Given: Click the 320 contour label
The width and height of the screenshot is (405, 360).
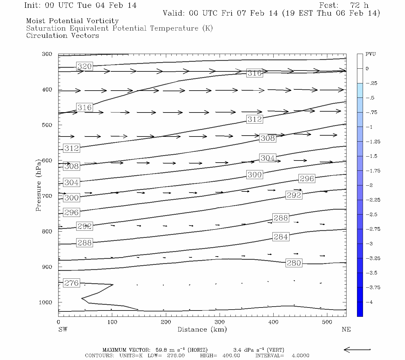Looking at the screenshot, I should (x=84, y=66).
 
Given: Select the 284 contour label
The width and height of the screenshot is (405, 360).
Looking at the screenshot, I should (x=280, y=237).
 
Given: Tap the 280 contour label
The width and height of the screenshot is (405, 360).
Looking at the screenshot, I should (x=294, y=263).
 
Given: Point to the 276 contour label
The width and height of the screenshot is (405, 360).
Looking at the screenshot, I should (x=71, y=283).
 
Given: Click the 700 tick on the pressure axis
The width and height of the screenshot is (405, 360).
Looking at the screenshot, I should (x=47, y=196).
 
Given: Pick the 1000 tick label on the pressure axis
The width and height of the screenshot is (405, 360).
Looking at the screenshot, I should (x=45, y=302).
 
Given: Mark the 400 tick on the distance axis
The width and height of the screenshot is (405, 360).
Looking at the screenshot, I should (x=273, y=322).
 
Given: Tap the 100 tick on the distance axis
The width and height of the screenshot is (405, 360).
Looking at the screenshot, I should (x=112, y=322).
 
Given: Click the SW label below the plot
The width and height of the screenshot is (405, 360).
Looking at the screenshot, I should (x=63, y=329).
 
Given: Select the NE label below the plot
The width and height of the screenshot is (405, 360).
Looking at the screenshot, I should (x=346, y=329).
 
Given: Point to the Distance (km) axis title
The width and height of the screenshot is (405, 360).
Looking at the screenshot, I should (x=202, y=329).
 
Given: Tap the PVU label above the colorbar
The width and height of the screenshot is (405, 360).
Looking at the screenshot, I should (x=370, y=54).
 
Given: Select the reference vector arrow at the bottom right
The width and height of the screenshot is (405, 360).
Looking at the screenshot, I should (x=357, y=349).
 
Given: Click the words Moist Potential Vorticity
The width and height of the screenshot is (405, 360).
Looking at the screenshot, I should (x=72, y=21).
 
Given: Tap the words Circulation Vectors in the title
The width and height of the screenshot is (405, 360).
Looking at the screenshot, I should (x=62, y=35).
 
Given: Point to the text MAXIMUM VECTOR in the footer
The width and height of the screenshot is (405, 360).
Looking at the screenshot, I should (x=126, y=350).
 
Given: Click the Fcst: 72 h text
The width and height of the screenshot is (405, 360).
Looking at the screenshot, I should (x=344, y=5).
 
